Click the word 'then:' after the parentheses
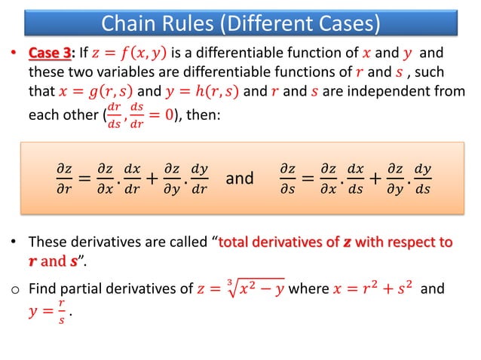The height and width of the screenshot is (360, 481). tap(201, 114)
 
